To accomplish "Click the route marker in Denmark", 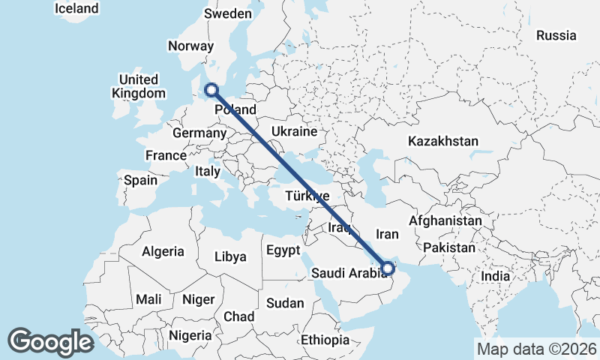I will click(x=211, y=90).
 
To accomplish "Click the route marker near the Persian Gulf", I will click(x=388, y=267).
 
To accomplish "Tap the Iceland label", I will click(x=77, y=8).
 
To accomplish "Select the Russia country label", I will click(x=556, y=35).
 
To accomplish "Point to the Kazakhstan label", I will click(x=442, y=141).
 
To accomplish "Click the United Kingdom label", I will click(x=138, y=86).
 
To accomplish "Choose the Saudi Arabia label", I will click(x=349, y=272).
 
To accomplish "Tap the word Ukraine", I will click(x=295, y=131).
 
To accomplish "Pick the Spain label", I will click(x=141, y=180).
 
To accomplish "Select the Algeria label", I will click(x=163, y=251).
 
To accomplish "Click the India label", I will click(x=495, y=276).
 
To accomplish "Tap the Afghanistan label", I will click(x=445, y=221).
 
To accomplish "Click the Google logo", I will click(x=50, y=341).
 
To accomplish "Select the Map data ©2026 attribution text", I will click(x=536, y=349).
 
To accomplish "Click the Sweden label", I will click(x=227, y=13).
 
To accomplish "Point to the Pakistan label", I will click(x=449, y=247).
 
